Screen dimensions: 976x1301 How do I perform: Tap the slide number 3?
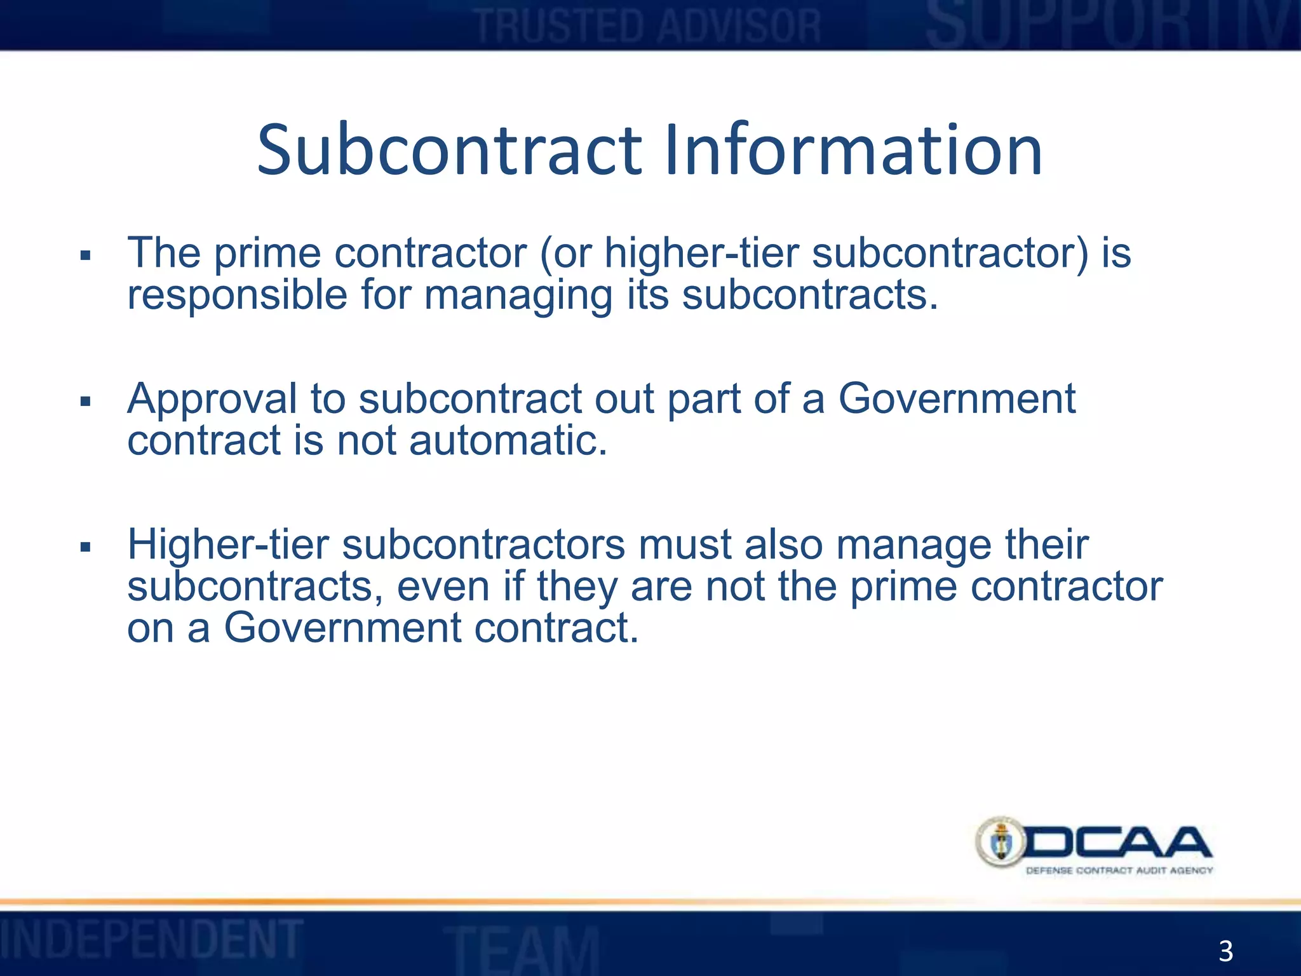(x=1225, y=952)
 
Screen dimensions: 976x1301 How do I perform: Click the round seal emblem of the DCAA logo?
(x=1001, y=843)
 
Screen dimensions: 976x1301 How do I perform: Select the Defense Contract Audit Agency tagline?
(x=1119, y=871)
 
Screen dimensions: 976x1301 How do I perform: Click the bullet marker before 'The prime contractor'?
(x=86, y=256)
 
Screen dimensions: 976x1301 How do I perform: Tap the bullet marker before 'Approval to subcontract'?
(x=86, y=402)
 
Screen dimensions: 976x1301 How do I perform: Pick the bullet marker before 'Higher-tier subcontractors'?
(x=86, y=547)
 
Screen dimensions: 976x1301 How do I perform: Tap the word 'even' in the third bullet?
(x=443, y=587)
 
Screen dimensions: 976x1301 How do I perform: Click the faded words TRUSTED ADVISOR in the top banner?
(x=649, y=27)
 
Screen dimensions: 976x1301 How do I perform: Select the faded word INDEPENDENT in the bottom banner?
(x=151, y=939)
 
